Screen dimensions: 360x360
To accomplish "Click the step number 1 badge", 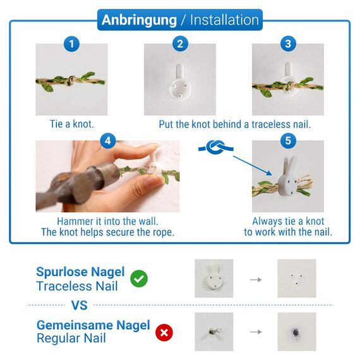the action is click(71, 44).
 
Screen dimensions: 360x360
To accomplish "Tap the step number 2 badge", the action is click(180, 44).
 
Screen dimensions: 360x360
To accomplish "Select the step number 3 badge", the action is click(288, 44).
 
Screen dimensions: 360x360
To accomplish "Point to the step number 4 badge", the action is click(108, 141).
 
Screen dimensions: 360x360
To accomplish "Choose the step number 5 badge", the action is click(288, 141).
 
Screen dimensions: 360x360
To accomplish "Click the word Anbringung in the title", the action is click(139, 20).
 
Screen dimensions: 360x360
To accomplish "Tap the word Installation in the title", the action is click(225, 20).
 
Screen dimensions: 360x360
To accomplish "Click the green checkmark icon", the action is click(139, 279).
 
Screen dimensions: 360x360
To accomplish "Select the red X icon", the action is click(164, 332).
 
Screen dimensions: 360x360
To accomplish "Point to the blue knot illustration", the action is click(216, 147).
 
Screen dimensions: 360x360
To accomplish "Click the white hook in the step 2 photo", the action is click(180, 83).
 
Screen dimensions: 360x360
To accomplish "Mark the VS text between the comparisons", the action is click(80, 305).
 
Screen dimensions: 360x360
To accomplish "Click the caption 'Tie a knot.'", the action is click(72, 124).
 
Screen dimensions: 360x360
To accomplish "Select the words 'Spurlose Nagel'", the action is click(80, 272).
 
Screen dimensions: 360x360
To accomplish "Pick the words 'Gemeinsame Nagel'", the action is click(93, 325).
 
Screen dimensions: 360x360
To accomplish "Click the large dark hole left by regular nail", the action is click(296, 332).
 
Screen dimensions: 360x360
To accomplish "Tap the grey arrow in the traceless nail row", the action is click(256, 280).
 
